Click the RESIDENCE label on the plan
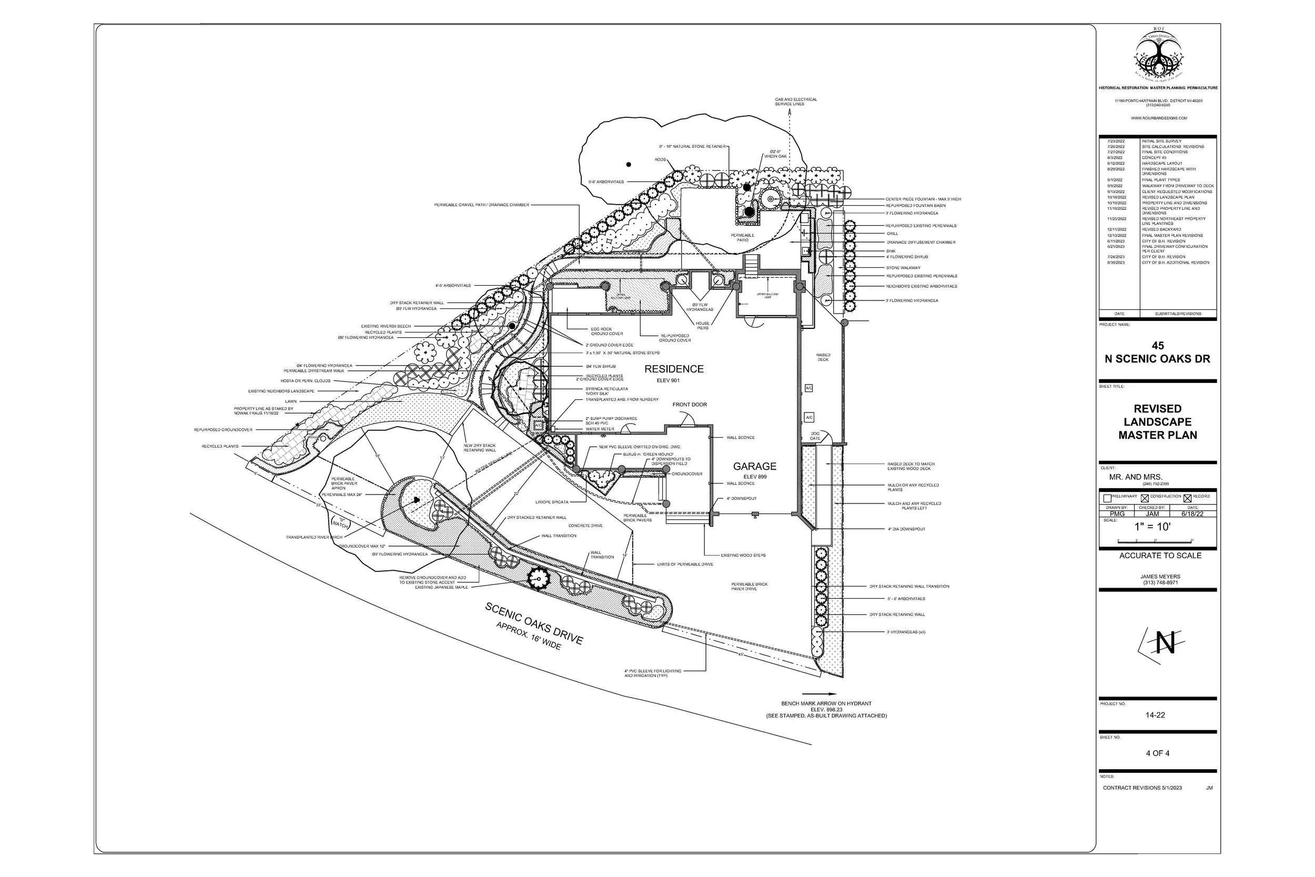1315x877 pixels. click(674, 369)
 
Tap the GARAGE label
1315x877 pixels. click(754, 467)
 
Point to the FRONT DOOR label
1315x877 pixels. click(690, 405)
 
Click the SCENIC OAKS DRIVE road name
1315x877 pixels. click(534, 623)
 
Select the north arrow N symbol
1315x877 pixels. click(1165, 643)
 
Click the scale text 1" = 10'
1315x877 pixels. click(1152, 526)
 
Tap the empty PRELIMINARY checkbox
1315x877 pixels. click(1107, 498)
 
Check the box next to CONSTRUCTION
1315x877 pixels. click(1145, 498)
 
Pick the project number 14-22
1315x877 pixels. click(1155, 715)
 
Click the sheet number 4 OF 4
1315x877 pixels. click(1157, 753)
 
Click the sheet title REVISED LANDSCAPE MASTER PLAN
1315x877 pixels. click(1157, 422)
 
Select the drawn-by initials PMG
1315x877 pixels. click(1117, 513)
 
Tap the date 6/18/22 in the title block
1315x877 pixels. click(1192, 513)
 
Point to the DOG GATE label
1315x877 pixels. click(815, 436)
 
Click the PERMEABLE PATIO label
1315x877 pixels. click(743, 238)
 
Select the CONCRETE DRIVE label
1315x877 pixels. click(585, 526)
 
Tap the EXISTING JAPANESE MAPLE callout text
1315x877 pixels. click(441, 587)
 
